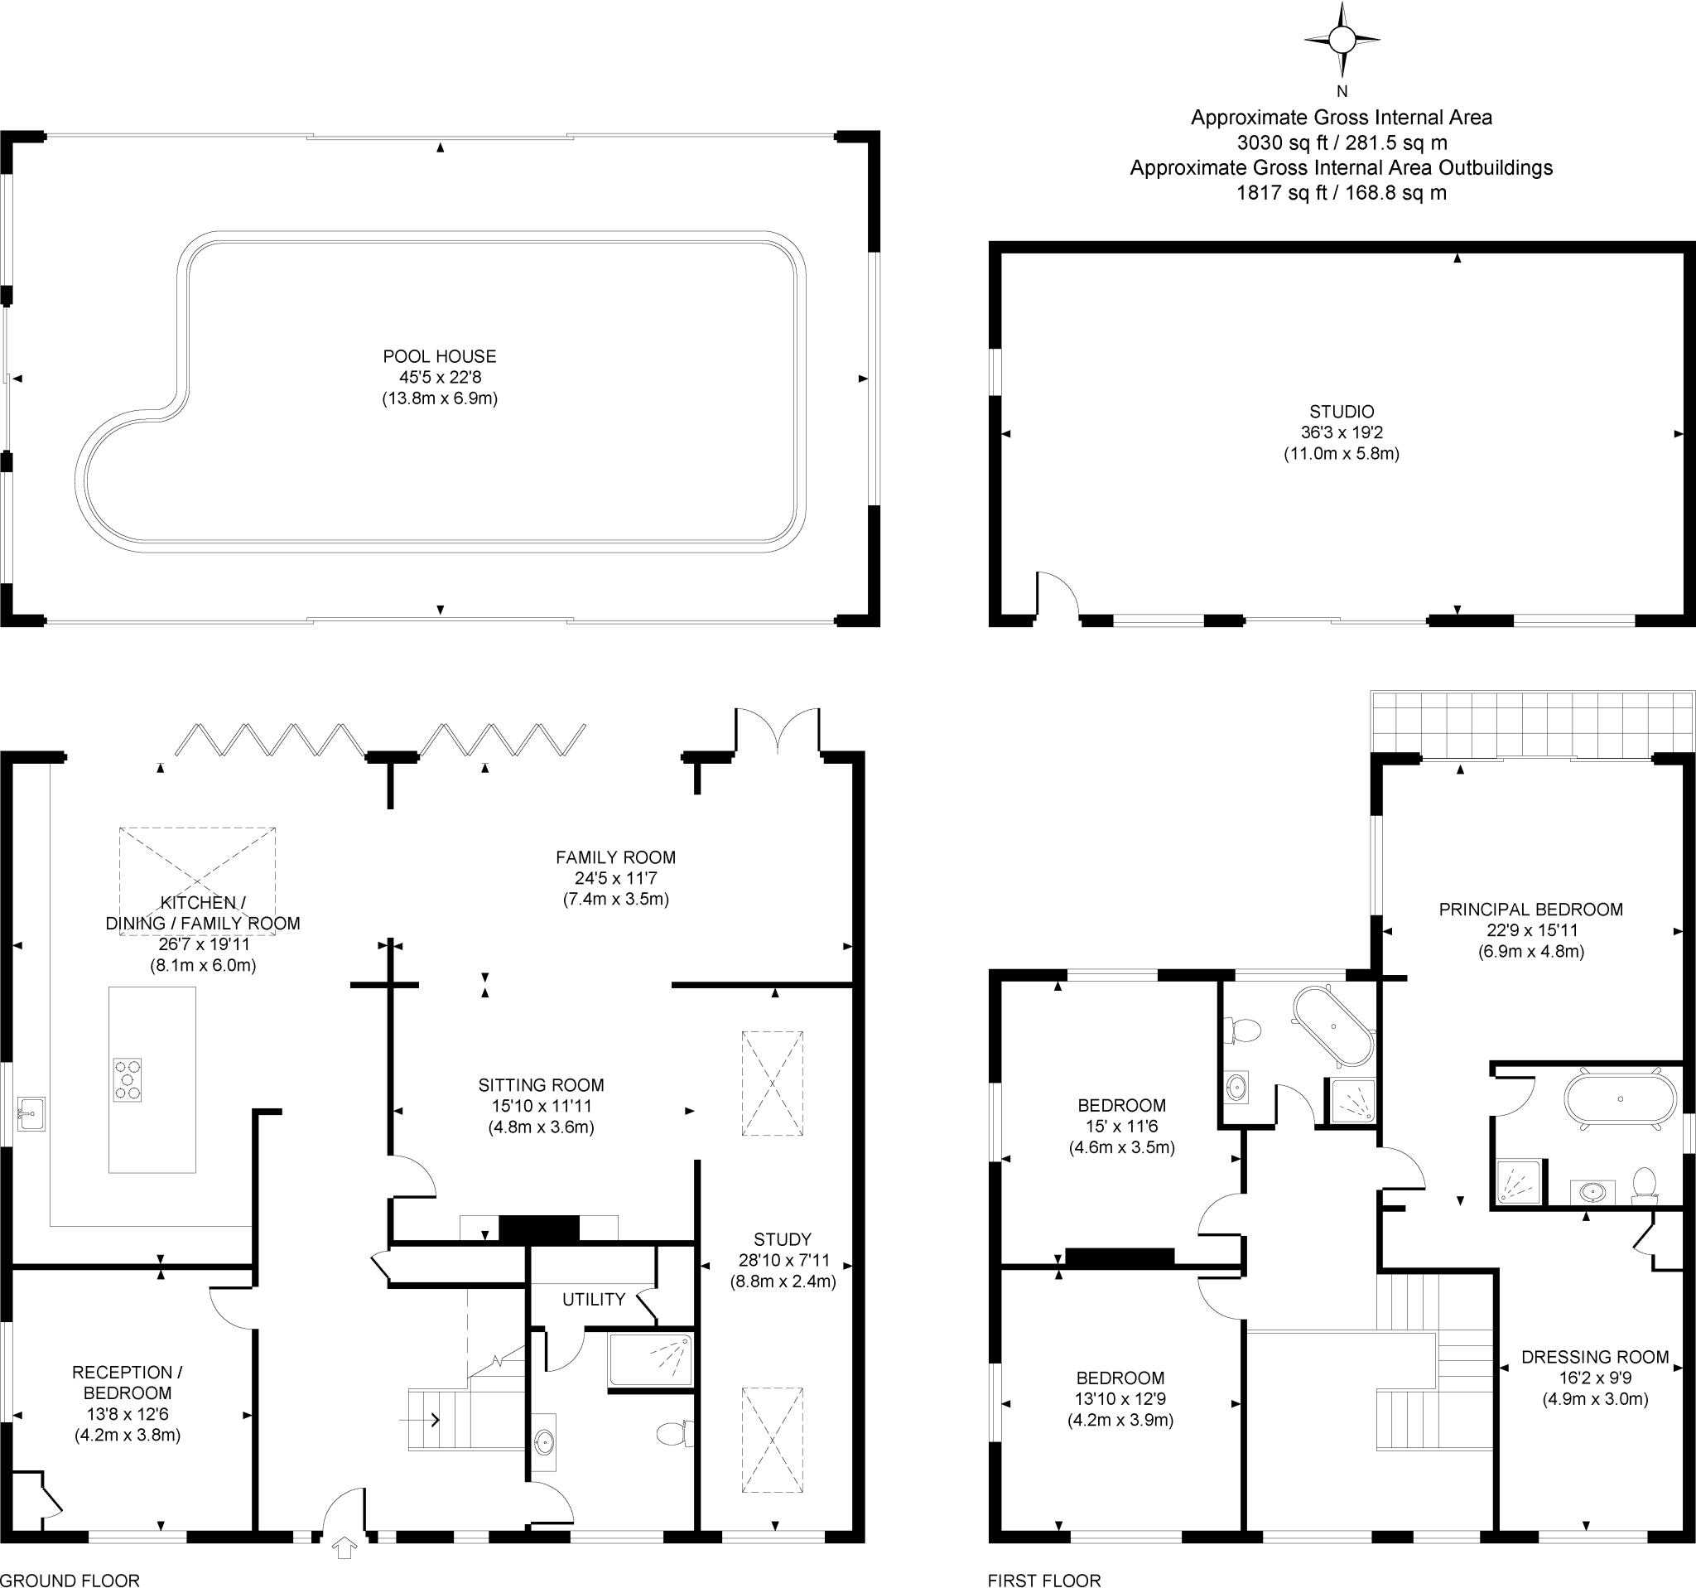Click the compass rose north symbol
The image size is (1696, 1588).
coord(1342,39)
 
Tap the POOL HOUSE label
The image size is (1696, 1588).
coord(440,357)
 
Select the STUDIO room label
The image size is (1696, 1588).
coord(1342,413)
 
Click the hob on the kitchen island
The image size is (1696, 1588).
coord(127,1079)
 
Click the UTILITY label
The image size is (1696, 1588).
coord(594,1300)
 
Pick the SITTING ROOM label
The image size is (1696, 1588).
coord(541,1085)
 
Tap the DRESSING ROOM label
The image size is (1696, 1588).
coord(1595,1357)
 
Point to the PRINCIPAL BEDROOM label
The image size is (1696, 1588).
coord(1531,910)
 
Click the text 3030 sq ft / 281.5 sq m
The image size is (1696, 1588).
coord(1342,142)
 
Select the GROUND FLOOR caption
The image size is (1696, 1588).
coord(70,1581)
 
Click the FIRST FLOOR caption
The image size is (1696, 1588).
coord(1044,1581)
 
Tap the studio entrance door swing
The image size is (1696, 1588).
coord(1058,592)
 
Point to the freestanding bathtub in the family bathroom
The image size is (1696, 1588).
coord(1333,1026)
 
